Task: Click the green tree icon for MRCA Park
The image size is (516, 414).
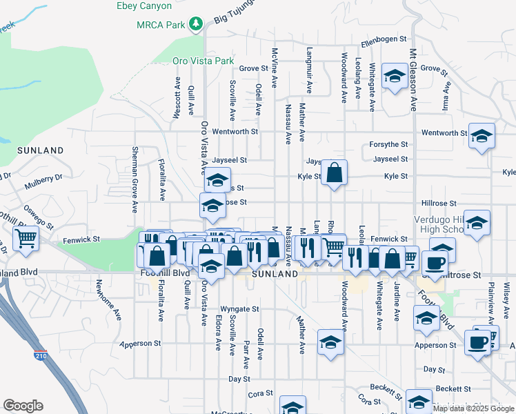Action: click(197, 24)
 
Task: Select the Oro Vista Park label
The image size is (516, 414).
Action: click(204, 61)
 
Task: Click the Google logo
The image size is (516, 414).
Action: click(23, 405)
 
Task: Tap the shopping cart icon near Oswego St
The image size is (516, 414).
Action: click(26, 239)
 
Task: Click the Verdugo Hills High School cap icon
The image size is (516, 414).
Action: click(477, 223)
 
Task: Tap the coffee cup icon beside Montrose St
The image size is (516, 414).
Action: click(435, 262)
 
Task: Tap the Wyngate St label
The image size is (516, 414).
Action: click(239, 309)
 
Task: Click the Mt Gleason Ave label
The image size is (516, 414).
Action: click(414, 79)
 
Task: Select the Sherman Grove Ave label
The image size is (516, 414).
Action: click(135, 175)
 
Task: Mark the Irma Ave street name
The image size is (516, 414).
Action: click(447, 99)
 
